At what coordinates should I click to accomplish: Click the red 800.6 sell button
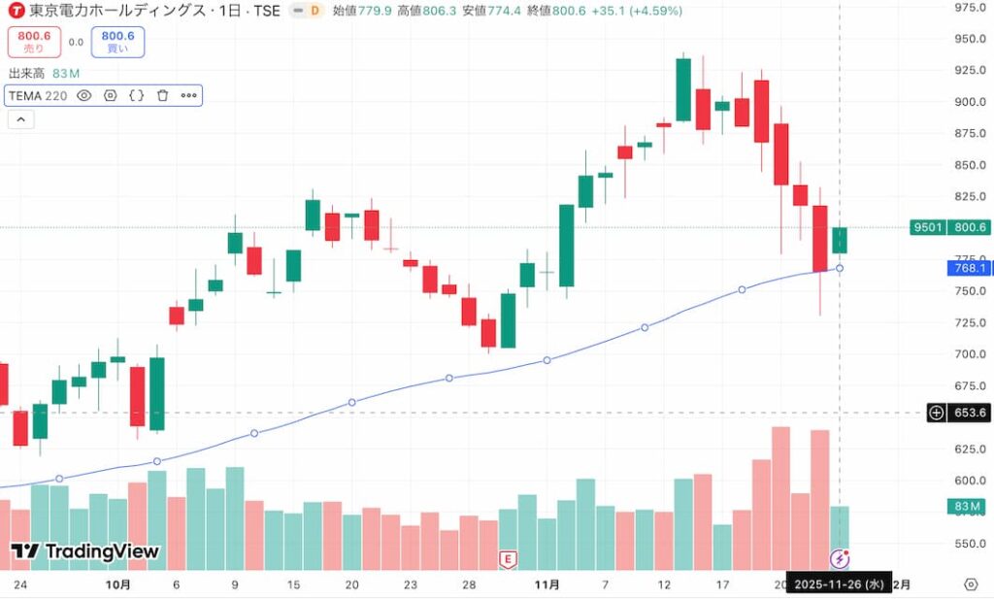click(x=35, y=42)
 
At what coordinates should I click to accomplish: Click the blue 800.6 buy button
click(x=117, y=42)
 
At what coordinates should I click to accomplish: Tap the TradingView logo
click(x=84, y=551)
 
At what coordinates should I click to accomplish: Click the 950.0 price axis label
click(x=971, y=39)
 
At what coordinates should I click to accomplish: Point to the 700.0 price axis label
click(x=971, y=354)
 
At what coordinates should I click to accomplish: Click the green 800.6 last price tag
click(x=970, y=227)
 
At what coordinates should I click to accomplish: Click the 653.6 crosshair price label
click(x=970, y=413)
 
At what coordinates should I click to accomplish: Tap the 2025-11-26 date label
click(x=838, y=584)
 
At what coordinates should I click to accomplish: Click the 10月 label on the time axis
click(x=117, y=584)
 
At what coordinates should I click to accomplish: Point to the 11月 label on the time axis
click(x=547, y=584)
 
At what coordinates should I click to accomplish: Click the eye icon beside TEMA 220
click(x=84, y=96)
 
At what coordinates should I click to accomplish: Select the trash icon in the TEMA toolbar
click(x=162, y=96)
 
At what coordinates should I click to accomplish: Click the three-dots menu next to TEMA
click(x=188, y=96)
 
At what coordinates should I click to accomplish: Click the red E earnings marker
click(x=507, y=558)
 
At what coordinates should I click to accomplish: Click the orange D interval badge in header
click(x=314, y=11)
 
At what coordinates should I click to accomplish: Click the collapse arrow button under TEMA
click(x=20, y=119)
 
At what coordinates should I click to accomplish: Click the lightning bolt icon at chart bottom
click(x=840, y=558)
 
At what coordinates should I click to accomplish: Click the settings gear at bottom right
click(x=971, y=583)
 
